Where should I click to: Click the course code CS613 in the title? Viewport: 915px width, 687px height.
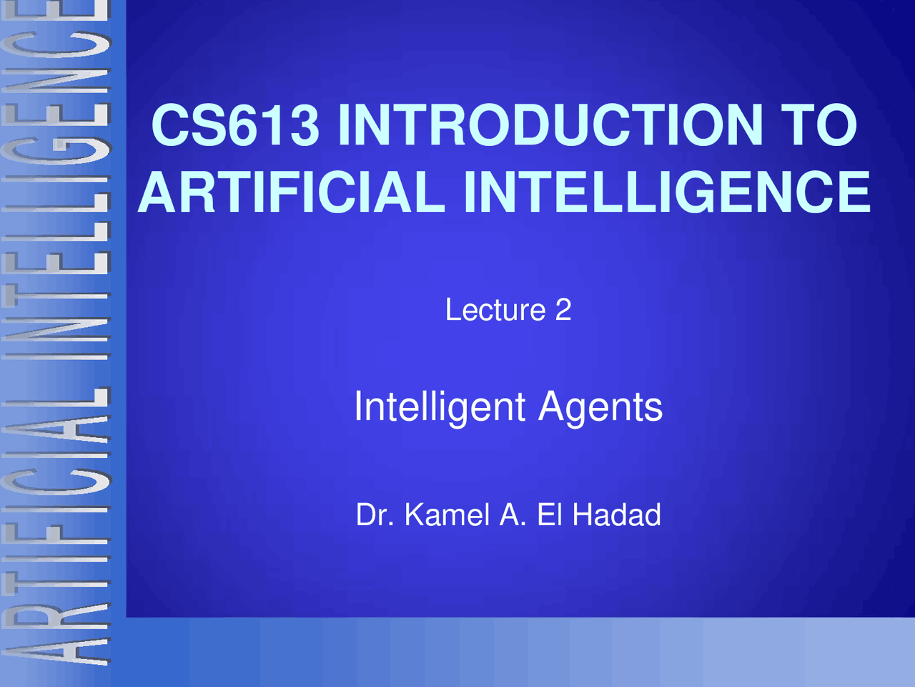[235, 125]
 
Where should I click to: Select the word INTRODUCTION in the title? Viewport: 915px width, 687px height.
[550, 125]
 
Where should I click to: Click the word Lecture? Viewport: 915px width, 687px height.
[495, 310]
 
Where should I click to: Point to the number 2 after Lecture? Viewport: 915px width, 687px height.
[563, 310]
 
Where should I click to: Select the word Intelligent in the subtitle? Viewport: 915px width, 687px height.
[440, 407]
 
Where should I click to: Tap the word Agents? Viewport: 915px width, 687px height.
[600, 407]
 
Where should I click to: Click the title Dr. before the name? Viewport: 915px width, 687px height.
[375, 515]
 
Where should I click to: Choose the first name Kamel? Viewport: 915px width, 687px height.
[447, 515]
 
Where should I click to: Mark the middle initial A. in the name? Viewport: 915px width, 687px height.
[513, 515]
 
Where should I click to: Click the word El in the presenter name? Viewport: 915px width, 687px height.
[550, 515]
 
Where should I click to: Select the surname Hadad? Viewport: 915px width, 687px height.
[616, 515]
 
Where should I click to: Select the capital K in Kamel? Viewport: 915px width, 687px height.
[414, 515]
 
